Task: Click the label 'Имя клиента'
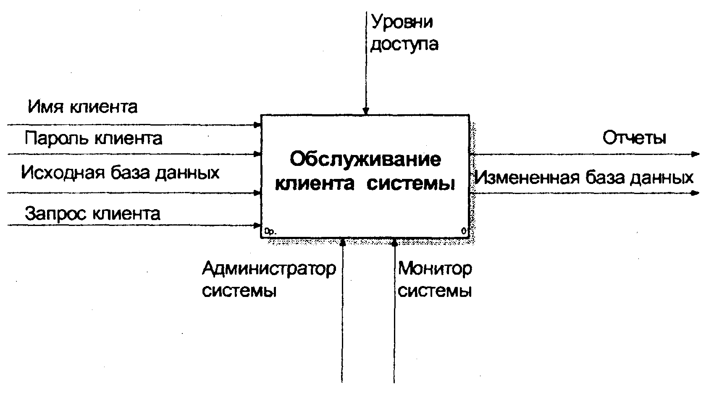[x=83, y=107]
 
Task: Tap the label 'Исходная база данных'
[x=120, y=173]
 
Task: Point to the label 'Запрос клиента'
[x=92, y=213]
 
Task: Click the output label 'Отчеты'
[x=634, y=138]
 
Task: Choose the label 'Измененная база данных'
[x=584, y=178]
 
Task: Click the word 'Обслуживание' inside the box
[x=365, y=159]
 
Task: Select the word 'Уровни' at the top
[x=402, y=22]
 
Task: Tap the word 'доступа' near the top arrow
[x=404, y=44]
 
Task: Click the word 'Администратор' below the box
[x=269, y=269]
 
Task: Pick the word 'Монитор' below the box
[x=435, y=269]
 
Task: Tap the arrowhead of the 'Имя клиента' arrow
[x=257, y=125]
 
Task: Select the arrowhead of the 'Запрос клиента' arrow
[x=257, y=226]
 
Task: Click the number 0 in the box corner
[x=464, y=231]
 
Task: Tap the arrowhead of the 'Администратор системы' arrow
[x=343, y=242]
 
